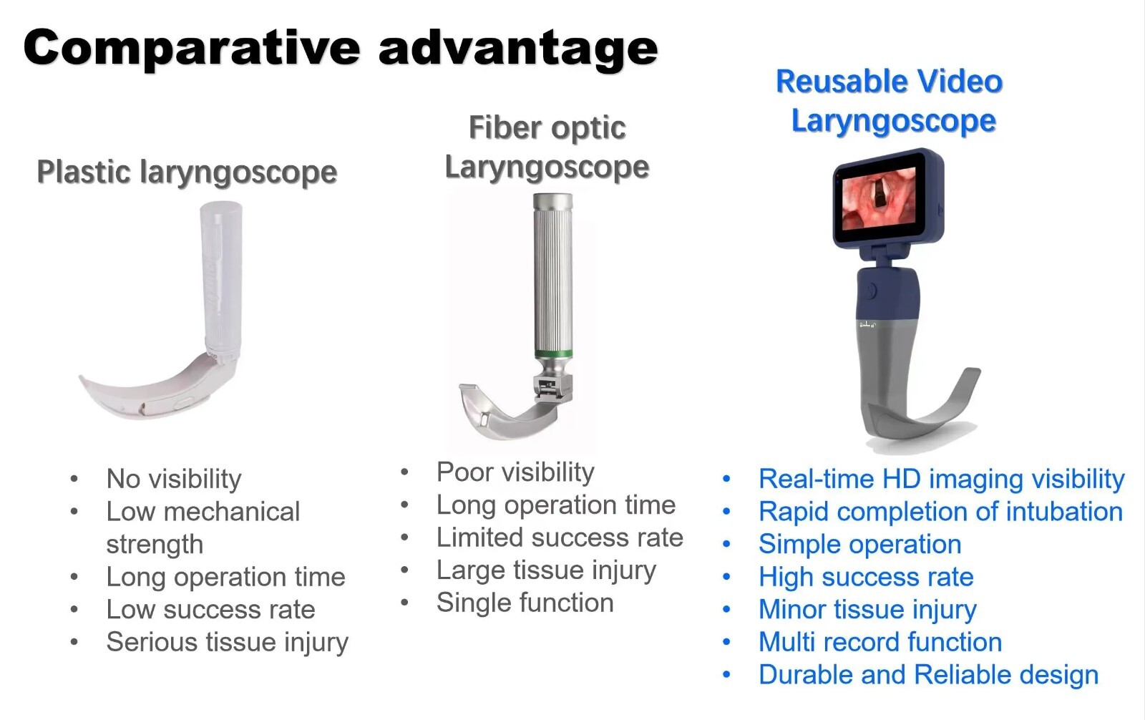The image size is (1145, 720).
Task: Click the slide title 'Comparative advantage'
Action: [x=340, y=49]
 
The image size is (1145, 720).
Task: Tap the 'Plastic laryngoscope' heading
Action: [x=187, y=172]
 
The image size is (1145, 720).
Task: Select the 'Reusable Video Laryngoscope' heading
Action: [x=890, y=101]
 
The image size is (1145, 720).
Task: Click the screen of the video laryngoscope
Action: [x=878, y=199]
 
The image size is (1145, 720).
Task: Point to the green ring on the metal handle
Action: [x=553, y=353]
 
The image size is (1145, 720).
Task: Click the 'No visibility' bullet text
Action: [x=174, y=479]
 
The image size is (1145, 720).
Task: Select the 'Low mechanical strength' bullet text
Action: [x=203, y=527]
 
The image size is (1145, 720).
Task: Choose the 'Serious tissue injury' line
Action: [x=227, y=642]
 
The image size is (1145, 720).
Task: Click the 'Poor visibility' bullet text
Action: [x=515, y=472]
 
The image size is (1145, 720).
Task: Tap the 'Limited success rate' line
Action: [x=560, y=537]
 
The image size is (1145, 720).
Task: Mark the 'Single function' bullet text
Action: [x=525, y=603]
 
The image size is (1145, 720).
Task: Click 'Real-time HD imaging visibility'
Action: [x=941, y=479]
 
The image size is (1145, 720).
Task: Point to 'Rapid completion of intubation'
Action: [x=940, y=512]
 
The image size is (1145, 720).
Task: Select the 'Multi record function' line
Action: [x=880, y=642]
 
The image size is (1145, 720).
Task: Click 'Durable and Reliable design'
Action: [x=928, y=675]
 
